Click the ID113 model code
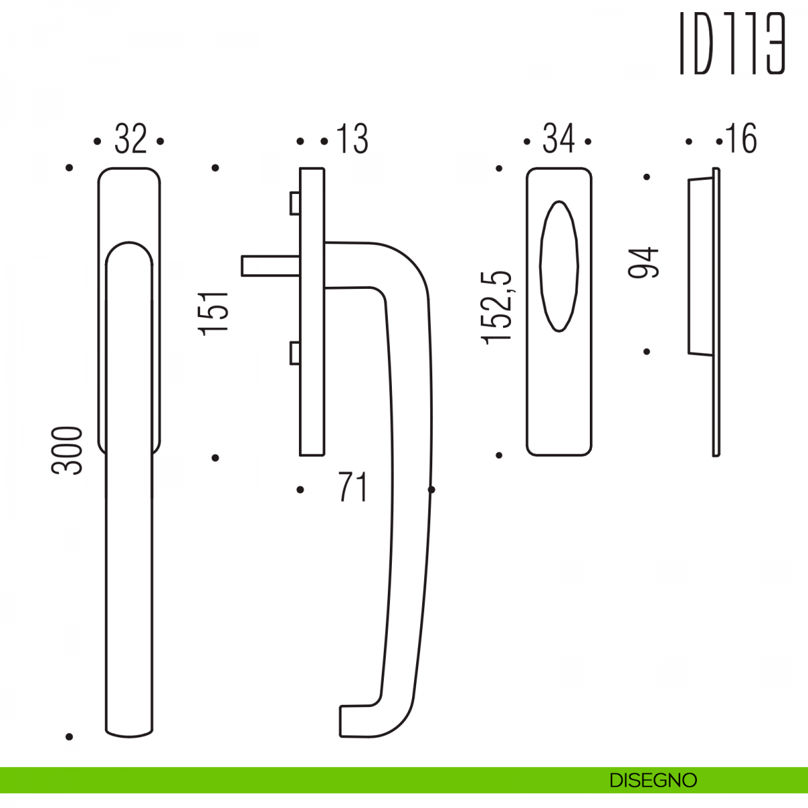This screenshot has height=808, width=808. coord(732,43)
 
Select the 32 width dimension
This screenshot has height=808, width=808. coord(131,139)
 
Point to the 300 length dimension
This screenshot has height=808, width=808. coord(67,450)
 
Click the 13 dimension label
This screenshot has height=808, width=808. coord(352,139)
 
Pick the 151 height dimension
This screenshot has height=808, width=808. coord(213,314)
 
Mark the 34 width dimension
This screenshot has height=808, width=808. coord(558,139)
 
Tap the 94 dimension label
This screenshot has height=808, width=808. coord(643,263)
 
